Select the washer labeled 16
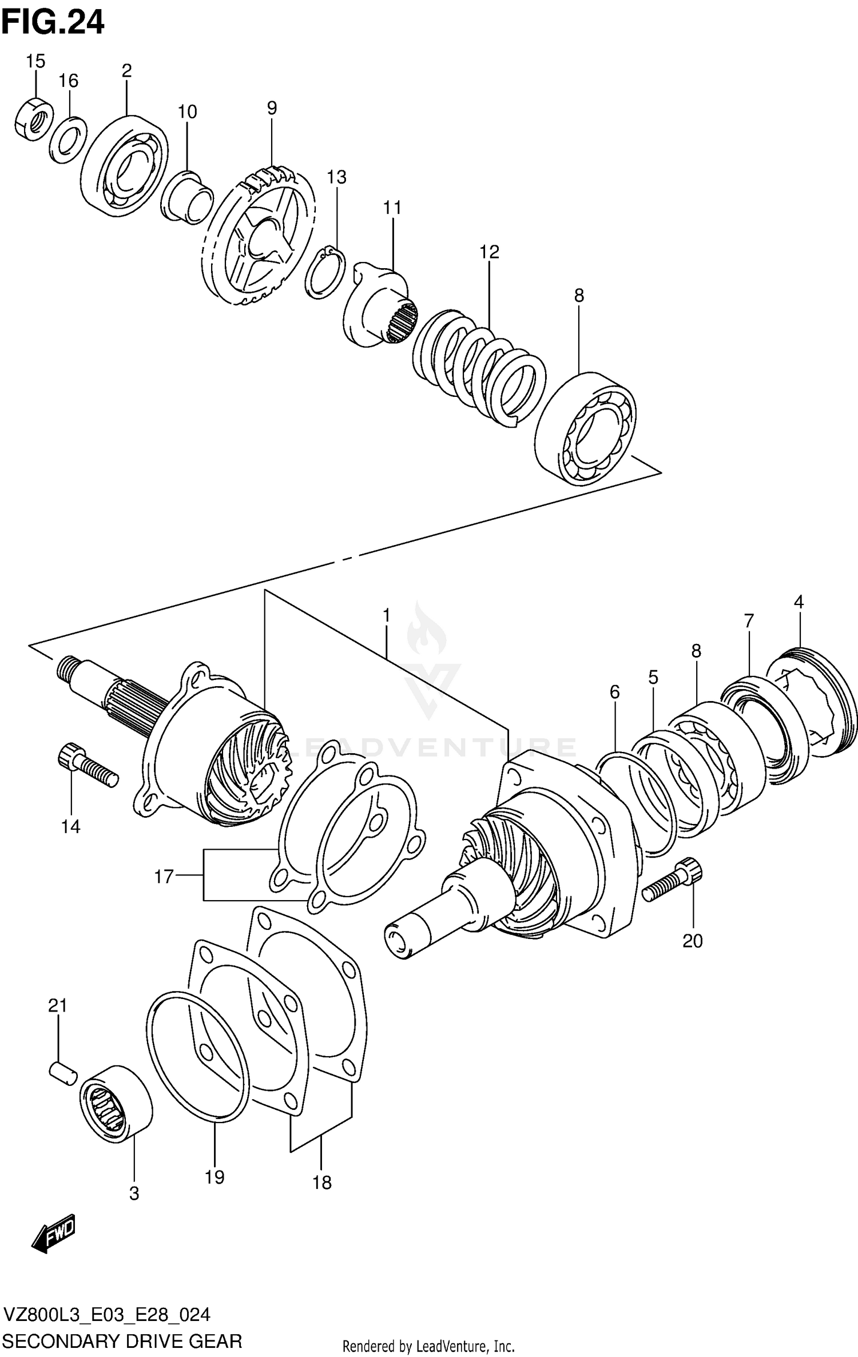(x=67, y=140)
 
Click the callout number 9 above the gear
(x=272, y=108)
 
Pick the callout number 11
(x=392, y=208)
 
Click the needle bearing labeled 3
(x=116, y=1103)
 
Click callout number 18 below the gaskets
(x=321, y=1182)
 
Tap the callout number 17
(x=164, y=876)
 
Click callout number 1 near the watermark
(x=387, y=615)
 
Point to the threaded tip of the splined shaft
(x=68, y=668)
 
